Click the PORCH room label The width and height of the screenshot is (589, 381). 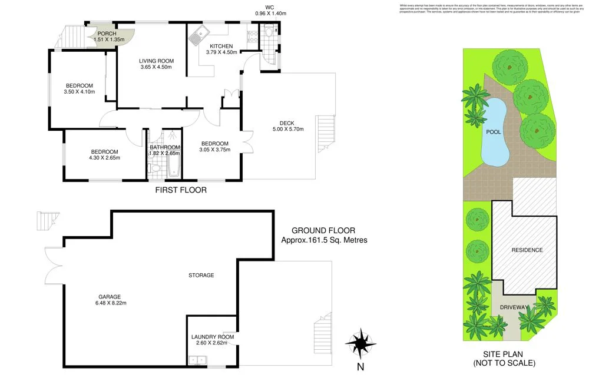coord(107,34)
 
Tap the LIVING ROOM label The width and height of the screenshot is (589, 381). coord(156,61)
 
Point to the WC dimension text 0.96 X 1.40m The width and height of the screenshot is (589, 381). coord(270,13)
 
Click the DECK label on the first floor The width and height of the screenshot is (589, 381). coord(287,123)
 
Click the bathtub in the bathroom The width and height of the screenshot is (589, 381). coord(174,165)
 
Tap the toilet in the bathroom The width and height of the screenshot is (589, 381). coord(154,168)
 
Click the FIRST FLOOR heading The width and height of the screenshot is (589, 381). coord(180,190)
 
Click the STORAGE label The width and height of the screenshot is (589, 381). coord(201,275)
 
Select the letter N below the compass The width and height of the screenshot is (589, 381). coord(360,367)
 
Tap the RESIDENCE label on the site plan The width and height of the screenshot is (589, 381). coord(527,250)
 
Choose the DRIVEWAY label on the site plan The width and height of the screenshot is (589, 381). coord(514,307)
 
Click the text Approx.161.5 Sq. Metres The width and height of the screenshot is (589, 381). coord(324,240)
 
